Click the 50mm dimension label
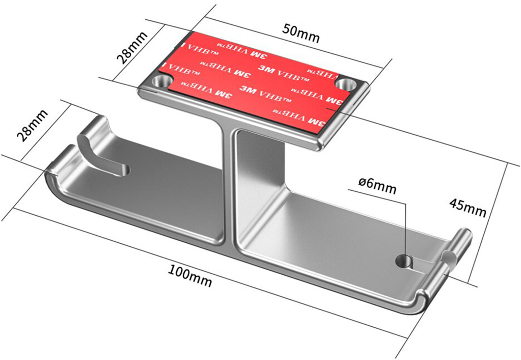[x=301, y=34]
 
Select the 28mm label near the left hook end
[x=32, y=126]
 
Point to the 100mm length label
[x=190, y=277]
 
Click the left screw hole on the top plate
[x=162, y=81]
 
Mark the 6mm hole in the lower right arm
[x=404, y=261]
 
